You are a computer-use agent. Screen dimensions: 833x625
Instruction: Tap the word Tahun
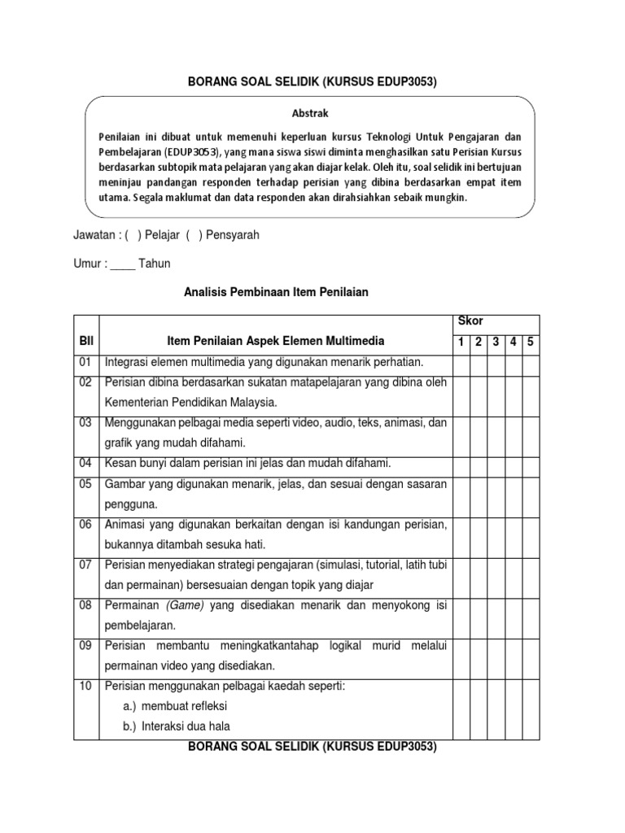155,264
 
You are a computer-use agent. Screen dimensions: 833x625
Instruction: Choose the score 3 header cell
496,342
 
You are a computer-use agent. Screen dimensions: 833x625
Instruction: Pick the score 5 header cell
530,342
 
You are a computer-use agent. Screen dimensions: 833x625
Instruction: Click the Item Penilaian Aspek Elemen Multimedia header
275,341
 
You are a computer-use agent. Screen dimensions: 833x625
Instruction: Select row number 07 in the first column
85,565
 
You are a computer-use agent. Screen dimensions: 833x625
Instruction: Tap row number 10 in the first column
85,686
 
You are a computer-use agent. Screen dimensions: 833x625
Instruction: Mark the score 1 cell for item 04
461,464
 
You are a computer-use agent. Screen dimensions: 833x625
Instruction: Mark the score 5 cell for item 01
530,361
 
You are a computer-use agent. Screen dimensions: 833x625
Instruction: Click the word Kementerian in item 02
138,402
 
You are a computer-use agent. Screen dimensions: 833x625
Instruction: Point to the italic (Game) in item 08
187,606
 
